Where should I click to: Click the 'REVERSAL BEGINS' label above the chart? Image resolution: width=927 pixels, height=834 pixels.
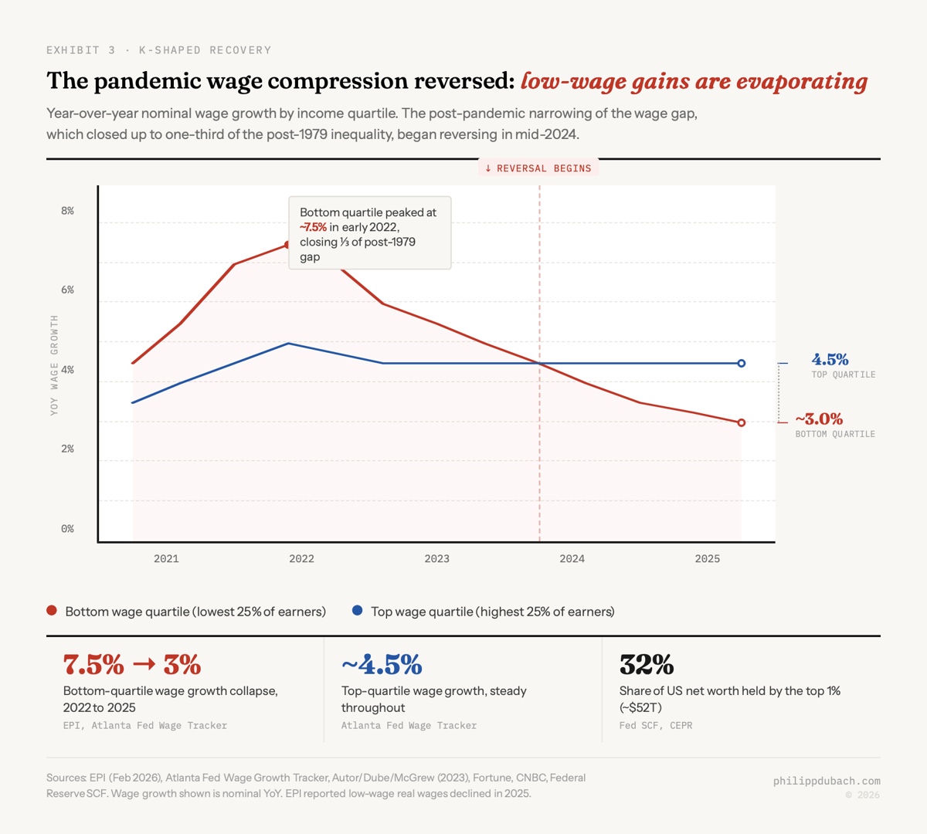coord(538,168)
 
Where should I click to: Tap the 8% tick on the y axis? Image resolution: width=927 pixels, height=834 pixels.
coord(68,211)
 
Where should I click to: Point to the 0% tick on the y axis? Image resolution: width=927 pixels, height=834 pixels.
coord(68,529)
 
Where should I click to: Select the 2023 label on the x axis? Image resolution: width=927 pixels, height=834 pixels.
coord(436,559)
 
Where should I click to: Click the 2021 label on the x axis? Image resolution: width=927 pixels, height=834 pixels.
coord(166,559)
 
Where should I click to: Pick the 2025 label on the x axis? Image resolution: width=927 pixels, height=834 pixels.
coord(707,559)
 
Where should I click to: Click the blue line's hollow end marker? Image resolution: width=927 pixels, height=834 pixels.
coord(742,363)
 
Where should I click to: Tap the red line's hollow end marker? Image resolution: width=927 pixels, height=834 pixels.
coord(742,422)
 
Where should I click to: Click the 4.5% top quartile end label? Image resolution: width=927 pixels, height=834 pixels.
coord(830,360)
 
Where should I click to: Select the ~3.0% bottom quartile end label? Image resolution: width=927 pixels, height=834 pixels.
coord(819,419)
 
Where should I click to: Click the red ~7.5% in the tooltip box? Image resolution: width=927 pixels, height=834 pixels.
coord(313,227)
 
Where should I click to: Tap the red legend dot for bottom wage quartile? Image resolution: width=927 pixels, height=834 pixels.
coord(52,611)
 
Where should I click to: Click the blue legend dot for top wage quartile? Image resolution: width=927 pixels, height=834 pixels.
coord(357,611)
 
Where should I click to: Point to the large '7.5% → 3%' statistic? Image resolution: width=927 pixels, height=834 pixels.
coord(132,664)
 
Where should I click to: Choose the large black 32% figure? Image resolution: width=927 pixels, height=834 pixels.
coord(647,664)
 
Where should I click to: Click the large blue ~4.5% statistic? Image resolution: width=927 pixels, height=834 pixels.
coord(382,664)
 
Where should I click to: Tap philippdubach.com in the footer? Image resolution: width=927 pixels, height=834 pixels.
coord(827,781)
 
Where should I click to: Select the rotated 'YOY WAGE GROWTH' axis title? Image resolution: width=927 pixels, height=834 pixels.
coord(54,365)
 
